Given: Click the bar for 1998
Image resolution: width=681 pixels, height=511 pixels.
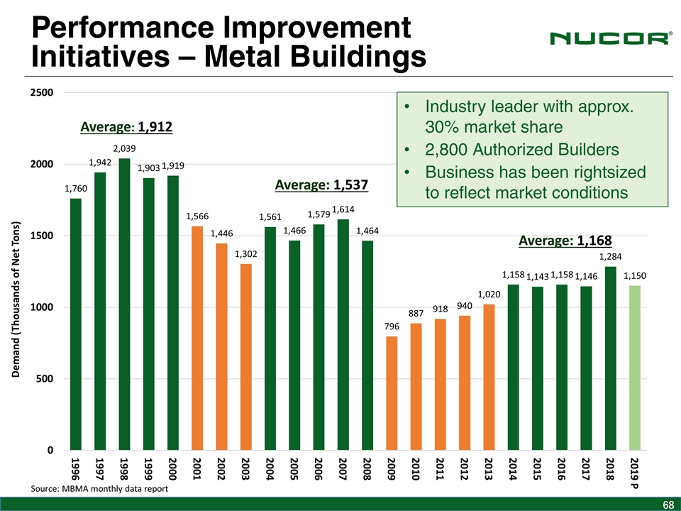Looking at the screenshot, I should [x=124, y=305].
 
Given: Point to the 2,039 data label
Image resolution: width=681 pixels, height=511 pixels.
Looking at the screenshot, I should [x=124, y=148].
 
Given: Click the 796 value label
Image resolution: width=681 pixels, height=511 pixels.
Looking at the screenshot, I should [x=392, y=326].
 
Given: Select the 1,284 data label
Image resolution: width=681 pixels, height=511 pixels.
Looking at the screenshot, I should [x=610, y=256].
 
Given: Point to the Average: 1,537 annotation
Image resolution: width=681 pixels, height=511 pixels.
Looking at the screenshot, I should [x=321, y=185].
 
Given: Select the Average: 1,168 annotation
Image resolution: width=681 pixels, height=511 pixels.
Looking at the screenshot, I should [x=565, y=241].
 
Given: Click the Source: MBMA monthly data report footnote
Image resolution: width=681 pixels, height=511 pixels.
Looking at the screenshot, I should [x=100, y=489].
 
